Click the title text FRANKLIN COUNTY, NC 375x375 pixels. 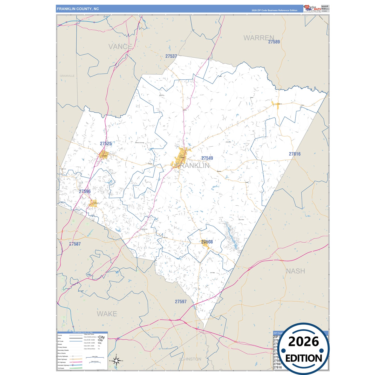click(78, 9)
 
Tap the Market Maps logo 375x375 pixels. click(312, 8)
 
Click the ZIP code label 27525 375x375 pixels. click(106, 144)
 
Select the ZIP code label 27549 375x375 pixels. click(207, 158)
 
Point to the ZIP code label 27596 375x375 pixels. click(85, 191)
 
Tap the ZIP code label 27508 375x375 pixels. click(207, 242)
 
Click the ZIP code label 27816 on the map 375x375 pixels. click(295, 154)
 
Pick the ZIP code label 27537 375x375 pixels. click(171, 56)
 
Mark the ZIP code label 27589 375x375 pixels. click(274, 42)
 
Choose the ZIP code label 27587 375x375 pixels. click(75, 244)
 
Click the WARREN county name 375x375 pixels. click(258, 38)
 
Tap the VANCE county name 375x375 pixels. click(120, 47)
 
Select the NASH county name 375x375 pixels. click(295, 271)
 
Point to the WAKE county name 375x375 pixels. click(107, 314)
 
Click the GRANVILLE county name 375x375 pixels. click(67, 76)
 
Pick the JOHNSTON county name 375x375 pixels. click(190, 359)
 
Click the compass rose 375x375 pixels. click(116, 360)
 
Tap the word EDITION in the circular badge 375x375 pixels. click(304, 358)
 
